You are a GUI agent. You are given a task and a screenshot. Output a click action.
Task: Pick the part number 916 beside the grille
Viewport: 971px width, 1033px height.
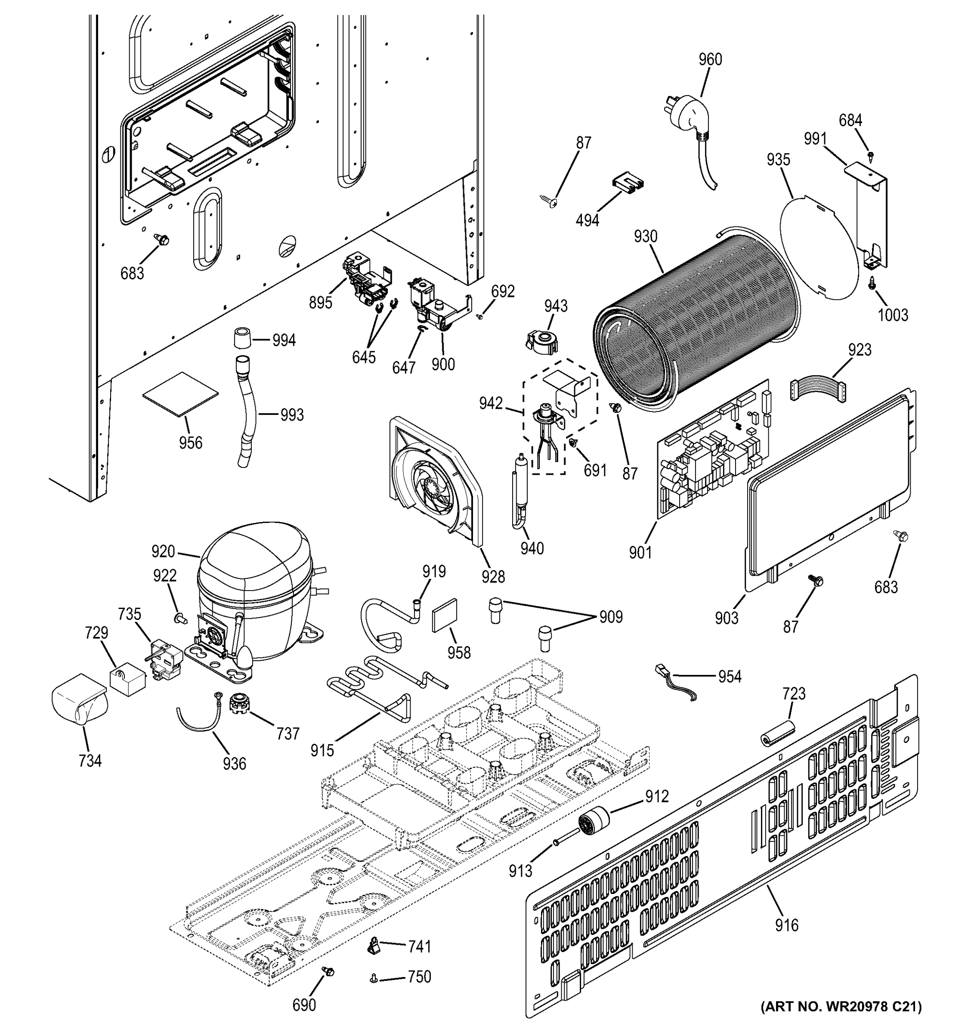(x=786, y=925)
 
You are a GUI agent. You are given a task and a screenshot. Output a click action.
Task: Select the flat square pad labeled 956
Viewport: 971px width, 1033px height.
(x=180, y=393)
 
